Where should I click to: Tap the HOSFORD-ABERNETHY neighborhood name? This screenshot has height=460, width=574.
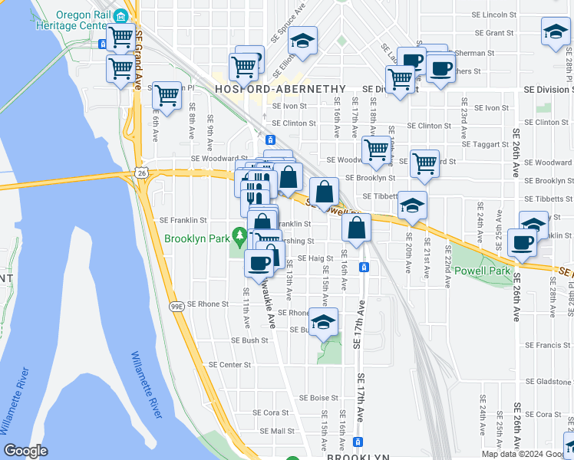[281, 89]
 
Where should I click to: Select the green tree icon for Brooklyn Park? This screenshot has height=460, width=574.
[240, 234]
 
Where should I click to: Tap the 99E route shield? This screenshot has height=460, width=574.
[176, 307]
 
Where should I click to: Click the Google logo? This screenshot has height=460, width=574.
[25, 451]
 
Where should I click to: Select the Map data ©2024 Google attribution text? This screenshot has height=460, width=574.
[526, 454]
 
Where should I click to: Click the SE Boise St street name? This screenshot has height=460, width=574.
[318, 398]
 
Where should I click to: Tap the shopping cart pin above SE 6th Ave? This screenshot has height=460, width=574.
[167, 96]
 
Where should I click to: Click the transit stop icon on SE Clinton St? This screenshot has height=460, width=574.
[270, 140]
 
